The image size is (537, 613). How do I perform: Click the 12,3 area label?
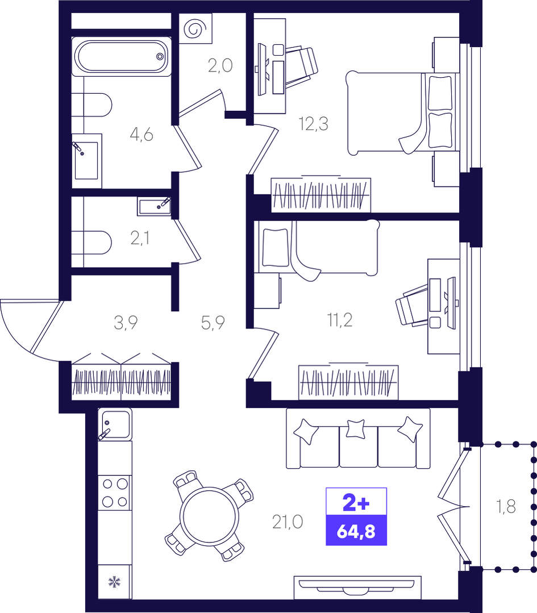coord(313,124)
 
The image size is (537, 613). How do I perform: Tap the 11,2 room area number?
coord(339,320)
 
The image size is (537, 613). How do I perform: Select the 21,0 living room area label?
coord(288,522)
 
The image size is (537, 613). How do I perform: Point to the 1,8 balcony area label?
coord(506,507)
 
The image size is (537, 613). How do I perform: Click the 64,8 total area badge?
coord(356,531)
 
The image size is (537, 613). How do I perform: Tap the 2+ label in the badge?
coord(356,503)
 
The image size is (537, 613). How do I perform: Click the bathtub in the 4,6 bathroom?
coord(122,56)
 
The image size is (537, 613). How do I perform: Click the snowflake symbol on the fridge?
coord(114,582)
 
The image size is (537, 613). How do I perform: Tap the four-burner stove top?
coord(115,493)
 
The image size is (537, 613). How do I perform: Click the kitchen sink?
coord(115,424)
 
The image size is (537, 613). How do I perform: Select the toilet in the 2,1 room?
coord(92,243)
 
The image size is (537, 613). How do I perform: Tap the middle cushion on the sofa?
coord(356,428)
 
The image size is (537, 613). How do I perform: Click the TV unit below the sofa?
coord(357,587)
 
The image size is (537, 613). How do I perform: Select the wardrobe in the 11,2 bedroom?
coord(348,382)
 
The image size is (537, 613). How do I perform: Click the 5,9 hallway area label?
coord(213,323)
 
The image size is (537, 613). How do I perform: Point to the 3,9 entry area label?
coord(126,323)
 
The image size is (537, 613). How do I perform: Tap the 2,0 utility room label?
coord(220,66)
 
